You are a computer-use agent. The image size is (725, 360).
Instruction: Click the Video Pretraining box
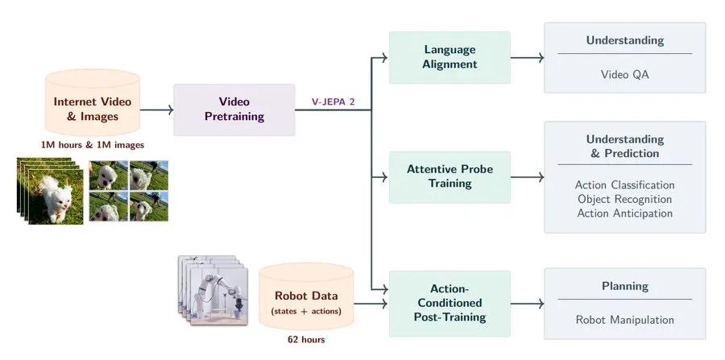[x=234, y=110]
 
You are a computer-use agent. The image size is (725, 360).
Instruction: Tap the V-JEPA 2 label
[x=333, y=102]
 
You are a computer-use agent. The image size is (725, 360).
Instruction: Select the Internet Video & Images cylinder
[x=93, y=102]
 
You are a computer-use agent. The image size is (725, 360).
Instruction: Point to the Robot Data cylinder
[x=306, y=296]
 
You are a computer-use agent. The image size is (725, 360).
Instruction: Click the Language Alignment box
[x=449, y=57]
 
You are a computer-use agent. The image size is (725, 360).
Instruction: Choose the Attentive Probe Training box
[x=449, y=177]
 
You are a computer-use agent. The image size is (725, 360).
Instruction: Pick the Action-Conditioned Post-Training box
[x=449, y=303]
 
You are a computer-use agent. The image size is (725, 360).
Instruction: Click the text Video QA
[x=624, y=74]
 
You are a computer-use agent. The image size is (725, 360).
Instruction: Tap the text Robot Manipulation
[x=624, y=320]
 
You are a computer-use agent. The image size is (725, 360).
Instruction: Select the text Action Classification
[x=624, y=185]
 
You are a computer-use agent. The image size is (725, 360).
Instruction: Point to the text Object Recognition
[x=624, y=199]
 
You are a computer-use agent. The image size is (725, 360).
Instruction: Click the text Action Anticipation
[x=624, y=213]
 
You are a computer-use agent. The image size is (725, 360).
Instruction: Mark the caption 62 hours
[x=306, y=340]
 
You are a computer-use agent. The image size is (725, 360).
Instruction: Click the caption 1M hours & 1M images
[x=93, y=145]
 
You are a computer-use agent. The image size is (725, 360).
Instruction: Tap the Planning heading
[x=624, y=287]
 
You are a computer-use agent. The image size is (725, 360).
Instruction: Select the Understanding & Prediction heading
[x=624, y=146]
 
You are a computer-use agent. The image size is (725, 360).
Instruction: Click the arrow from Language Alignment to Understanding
[x=527, y=58]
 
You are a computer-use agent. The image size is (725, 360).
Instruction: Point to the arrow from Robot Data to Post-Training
[x=371, y=304]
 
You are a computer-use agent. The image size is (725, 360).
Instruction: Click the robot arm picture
[x=213, y=290]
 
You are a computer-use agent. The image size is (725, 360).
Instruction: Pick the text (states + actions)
[x=306, y=311]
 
